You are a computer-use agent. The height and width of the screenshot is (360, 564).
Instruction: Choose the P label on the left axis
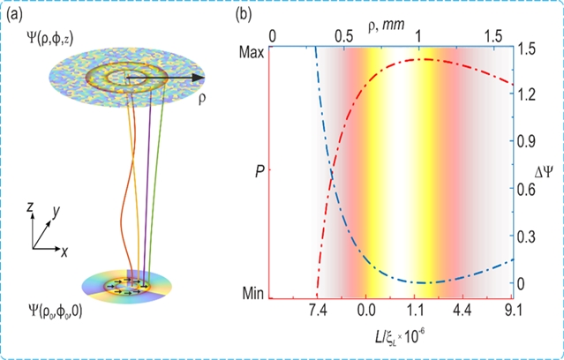coord(259,170)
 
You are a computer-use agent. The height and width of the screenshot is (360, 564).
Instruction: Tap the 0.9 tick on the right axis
coord(528,141)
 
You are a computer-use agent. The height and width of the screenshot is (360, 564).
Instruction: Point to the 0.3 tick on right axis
coord(528,236)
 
